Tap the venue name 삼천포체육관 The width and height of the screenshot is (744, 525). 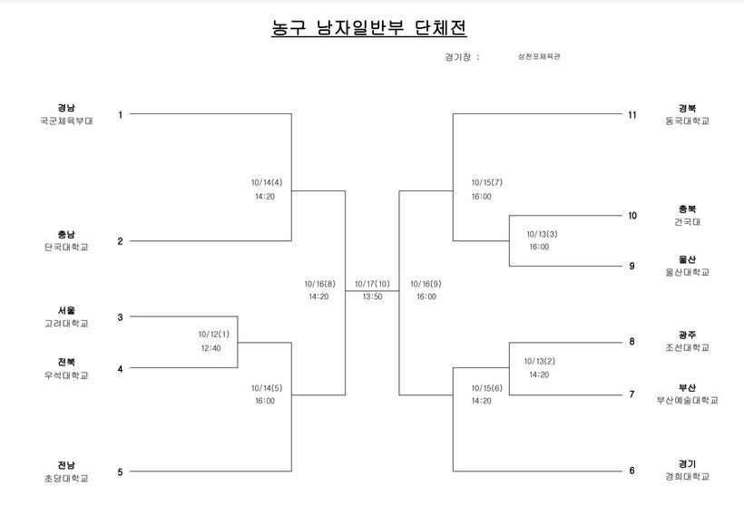coord(539,56)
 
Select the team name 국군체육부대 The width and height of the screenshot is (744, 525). coord(66,120)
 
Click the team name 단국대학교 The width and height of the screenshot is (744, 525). coord(66,247)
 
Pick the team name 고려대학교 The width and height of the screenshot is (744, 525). coord(66,323)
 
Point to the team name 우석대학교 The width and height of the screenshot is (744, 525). coord(66,374)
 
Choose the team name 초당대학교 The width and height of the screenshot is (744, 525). coord(66,478)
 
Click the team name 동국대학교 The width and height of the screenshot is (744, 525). coord(687,121)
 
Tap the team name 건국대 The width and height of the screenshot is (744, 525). coord(687,221)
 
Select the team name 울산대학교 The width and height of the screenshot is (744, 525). coord(687,272)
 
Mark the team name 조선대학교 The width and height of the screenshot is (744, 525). coord(687,347)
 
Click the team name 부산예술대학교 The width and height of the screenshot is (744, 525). coord(687,400)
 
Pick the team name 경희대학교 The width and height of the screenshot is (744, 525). coord(687,476)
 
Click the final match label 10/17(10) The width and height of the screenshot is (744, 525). coord(372,283)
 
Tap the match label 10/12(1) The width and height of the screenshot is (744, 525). coord(214,334)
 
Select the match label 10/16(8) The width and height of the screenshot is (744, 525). coord(320,283)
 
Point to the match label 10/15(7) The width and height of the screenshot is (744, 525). coord(486,182)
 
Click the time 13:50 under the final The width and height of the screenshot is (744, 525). coord(372,297)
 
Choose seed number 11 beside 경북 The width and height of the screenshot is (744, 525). coord(632,114)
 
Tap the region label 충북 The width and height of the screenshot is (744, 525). coord(687,209)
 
